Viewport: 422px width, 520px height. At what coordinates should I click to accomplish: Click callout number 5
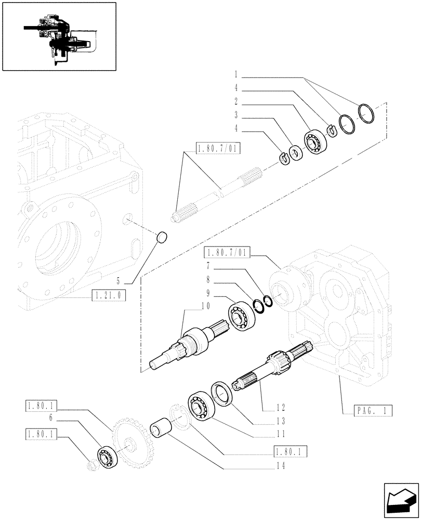pos(118,280)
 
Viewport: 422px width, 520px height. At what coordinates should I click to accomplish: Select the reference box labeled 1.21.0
pos(108,296)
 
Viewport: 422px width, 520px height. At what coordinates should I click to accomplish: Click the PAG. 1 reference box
pos(367,411)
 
